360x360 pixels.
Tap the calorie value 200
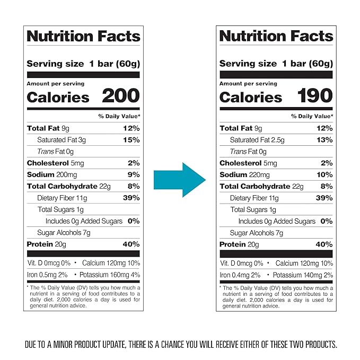[121, 96]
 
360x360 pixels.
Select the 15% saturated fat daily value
[131, 140]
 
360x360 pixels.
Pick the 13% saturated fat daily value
[324, 140]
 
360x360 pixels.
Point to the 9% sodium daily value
[134, 174]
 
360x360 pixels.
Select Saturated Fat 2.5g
[257, 140]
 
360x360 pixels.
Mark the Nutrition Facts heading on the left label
[83, 36]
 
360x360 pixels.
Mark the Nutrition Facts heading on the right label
[276, 36]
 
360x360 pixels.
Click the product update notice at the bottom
[180, 344]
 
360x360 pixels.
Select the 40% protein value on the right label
[324, 244]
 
